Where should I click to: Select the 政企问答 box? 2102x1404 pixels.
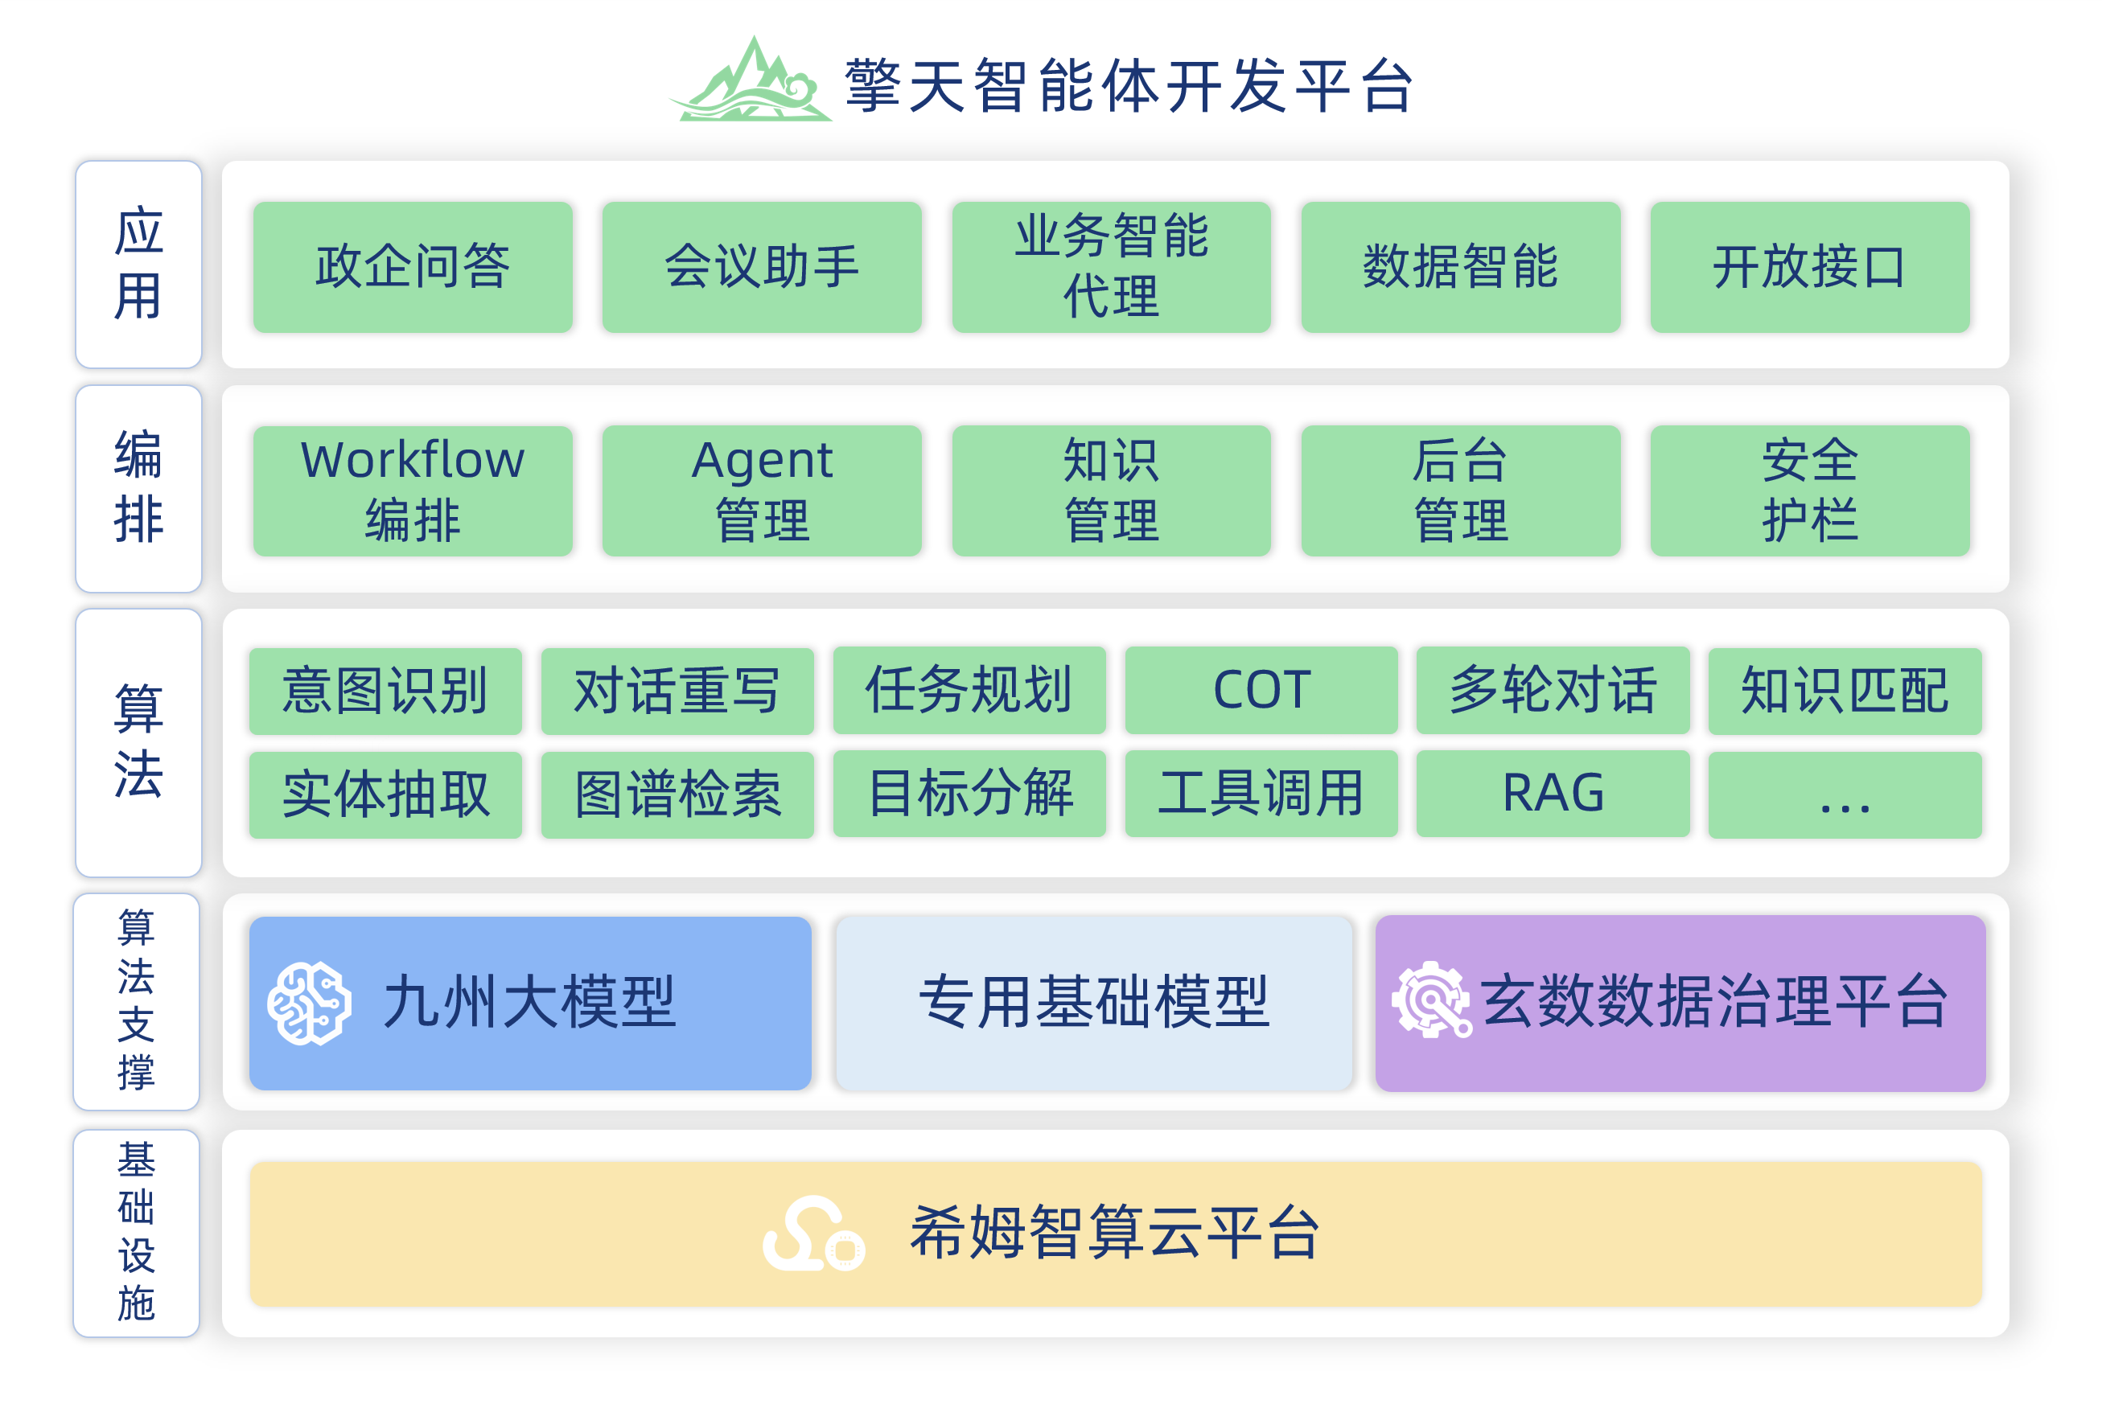(x=413, y=267)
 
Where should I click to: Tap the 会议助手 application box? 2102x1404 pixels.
(x=762, y=267)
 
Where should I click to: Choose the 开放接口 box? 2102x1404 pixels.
(x=1810, y=267)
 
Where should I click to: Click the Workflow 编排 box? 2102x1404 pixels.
(x=413, y=491)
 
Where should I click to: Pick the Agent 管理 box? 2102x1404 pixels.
(x=762, y=491)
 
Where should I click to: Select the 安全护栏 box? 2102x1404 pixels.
(x=1810, y=491)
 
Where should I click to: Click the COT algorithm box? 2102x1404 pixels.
(x=1261, y=691)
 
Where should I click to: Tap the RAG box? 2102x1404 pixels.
(x=1553, y=794)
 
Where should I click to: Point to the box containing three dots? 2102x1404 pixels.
(x=1845, y=795)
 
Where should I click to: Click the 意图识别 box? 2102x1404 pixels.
(x=385, y=692)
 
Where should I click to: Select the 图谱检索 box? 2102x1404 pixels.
(x=677, y=795)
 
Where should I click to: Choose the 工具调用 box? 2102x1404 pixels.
(x=1261, y=794)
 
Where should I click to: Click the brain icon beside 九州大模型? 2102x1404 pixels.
(x=309, y=1004)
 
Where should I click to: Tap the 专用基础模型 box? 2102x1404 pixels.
(x=1093, y=1003)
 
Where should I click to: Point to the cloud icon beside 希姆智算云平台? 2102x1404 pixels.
(x=813, y=1234)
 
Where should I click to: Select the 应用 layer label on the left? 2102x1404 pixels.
(x=139, y=264)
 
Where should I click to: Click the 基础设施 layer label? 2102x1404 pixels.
(x=136, y=1233)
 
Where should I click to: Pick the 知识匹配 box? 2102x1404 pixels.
(x=1845, y=692)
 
